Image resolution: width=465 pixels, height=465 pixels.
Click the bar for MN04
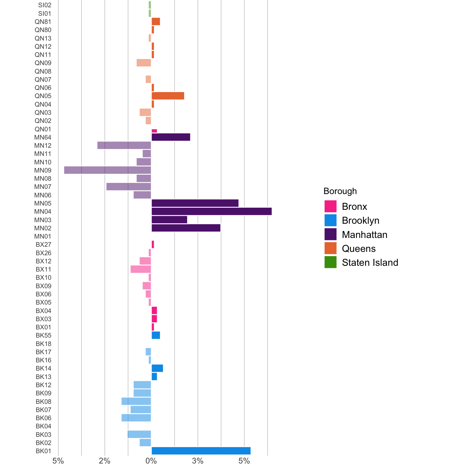pos(211,211)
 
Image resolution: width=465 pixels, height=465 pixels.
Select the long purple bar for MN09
pos(107,170)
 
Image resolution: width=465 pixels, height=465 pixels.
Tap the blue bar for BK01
pos(201,451)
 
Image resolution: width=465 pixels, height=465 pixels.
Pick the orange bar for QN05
pos(168,96)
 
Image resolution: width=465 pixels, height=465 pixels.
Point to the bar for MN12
pos(124,145)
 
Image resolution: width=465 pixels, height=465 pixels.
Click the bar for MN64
pos(171,137)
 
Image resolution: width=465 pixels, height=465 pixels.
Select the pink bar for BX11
pos(141,269)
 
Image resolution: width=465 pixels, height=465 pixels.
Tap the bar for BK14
pos(157,368)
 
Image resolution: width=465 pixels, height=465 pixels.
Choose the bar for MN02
pos(186,228)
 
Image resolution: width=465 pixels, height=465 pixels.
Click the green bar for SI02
pos(150,5)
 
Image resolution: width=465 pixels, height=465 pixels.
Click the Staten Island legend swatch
pos(330,262)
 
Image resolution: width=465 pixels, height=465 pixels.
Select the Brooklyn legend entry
pos(360,220)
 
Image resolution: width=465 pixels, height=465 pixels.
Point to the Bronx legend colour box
pos(330,206)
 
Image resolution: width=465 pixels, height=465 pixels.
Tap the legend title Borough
pos(340,191)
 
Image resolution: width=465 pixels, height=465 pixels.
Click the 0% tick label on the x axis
pos(151,461)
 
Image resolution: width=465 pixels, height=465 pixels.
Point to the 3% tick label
pos(198,461)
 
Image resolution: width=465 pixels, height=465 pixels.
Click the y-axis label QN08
pos(43,71)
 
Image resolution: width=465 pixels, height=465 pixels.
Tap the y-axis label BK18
pos(44,344)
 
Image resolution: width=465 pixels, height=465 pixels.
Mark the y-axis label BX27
pos(44,245)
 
